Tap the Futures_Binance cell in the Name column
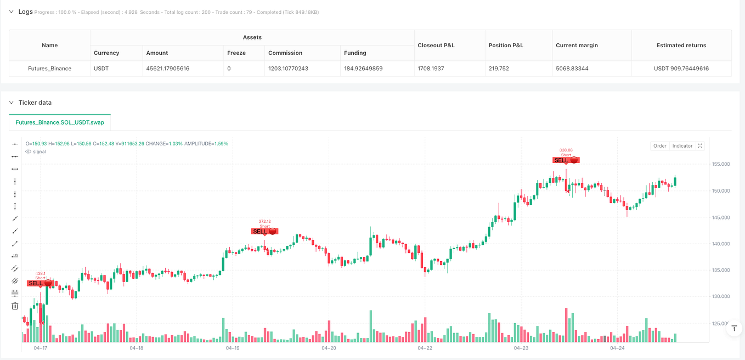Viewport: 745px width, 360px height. (49, 69)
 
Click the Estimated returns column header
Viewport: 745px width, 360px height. (681, 45)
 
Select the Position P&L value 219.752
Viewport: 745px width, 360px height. (500, 69)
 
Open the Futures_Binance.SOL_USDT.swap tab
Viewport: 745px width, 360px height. (60, 122)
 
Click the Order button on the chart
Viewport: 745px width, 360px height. (659, 146)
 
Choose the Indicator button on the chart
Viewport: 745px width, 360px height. (682, 146)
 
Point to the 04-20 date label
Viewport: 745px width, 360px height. (329, 348)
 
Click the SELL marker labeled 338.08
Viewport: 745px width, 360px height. (566, 160)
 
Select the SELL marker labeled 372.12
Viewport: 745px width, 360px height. (265, 232)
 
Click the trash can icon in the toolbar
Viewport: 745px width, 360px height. (15, 306)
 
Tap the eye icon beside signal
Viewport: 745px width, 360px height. (29, 151)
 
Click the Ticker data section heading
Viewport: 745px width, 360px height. (35, 103)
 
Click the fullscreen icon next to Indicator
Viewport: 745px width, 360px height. (700, 146)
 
